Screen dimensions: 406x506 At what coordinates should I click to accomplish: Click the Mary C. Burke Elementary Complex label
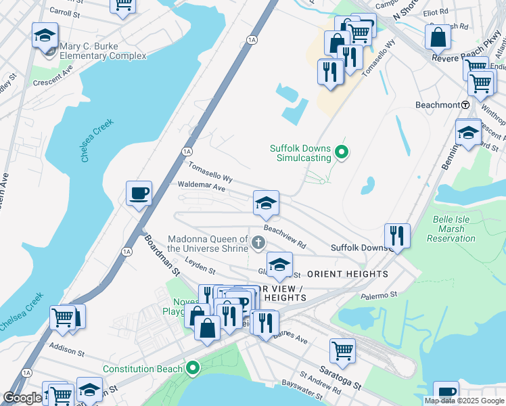point(103,51)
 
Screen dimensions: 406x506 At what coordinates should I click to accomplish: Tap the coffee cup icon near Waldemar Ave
point(139,194)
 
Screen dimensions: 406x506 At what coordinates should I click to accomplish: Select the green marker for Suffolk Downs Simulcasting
point(342,153)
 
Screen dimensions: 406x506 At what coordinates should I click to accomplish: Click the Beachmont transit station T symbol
point(465,106)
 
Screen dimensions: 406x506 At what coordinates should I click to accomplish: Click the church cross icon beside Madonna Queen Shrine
point(257,242)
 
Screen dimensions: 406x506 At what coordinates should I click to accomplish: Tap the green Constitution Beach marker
point(193,369)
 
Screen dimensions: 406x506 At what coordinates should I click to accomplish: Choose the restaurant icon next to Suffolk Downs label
point(396,235)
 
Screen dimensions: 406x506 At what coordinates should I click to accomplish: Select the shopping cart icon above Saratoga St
point(342,351)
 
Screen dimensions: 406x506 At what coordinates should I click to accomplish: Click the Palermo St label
point(378,295)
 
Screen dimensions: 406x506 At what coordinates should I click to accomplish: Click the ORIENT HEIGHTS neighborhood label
point(348,274)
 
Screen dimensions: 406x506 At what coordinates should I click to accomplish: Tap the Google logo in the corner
point(22,398)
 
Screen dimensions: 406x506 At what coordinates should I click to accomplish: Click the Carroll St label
point(66,12)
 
